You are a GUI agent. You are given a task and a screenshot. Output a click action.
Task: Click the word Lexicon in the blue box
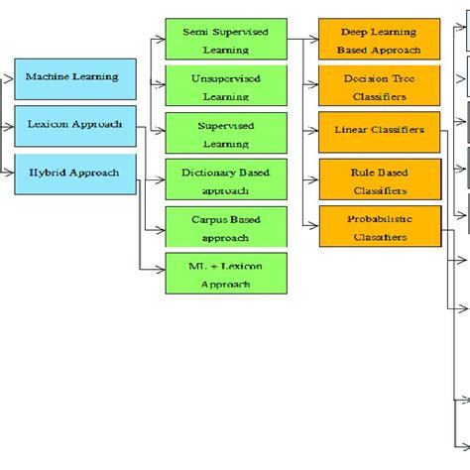click(x=51, y=125)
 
